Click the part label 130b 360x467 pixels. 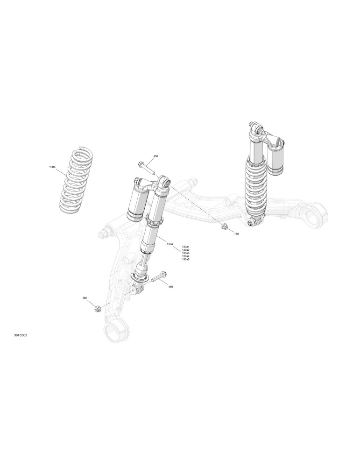52,167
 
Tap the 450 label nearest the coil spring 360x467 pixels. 155,156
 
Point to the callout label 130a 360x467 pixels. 170,244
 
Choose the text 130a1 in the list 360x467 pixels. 186,247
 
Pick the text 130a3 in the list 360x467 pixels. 186,253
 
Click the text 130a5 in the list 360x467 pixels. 186,259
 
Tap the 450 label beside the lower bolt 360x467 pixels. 170,287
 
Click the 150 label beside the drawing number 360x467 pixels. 85,298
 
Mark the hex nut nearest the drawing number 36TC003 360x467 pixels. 97,309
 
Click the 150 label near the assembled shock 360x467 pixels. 236,234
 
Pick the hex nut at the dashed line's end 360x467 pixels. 225,226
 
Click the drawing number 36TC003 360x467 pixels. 21,335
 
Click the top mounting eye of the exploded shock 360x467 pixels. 164,181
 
